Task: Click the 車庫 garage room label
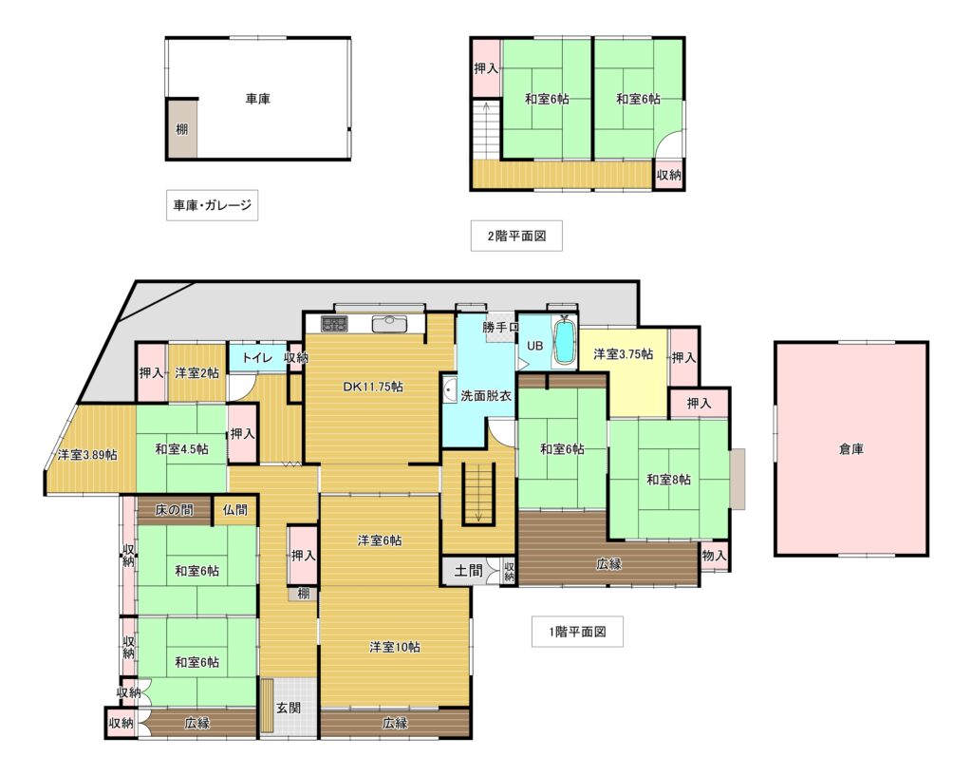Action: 257,99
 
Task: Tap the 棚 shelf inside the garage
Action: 182,129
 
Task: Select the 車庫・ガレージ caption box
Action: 212,205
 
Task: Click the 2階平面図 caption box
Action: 516,236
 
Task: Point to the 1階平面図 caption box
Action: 577,632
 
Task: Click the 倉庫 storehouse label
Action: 851,449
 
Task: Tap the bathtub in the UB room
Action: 564,342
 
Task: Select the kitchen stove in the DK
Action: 335,323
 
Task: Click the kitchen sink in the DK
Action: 388,324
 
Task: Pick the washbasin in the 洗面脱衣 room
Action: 450,390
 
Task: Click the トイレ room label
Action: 257,358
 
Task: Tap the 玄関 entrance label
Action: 289,708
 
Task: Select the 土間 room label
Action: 468,570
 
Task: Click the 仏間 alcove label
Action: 235,510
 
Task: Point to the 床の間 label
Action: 175,510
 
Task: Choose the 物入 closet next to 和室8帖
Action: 714,556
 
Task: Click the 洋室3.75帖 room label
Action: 623,354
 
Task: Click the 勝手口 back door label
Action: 501,328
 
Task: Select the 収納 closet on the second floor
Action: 669,175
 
